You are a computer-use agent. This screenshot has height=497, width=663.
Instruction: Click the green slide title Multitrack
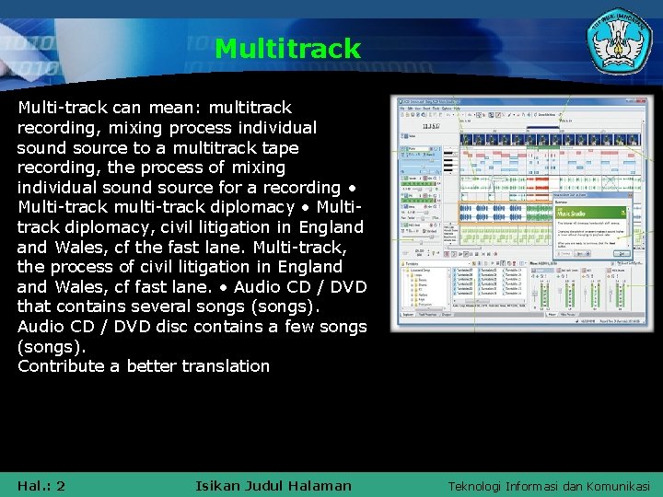[287, 49]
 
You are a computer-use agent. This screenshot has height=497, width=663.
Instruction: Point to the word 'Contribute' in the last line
[60, 365]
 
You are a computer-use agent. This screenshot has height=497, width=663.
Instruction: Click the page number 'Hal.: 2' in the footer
[41, 485]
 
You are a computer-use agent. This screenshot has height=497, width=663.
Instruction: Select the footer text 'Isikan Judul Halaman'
[273, 485]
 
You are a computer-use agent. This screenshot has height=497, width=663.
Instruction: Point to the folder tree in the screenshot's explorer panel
[424, 295]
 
